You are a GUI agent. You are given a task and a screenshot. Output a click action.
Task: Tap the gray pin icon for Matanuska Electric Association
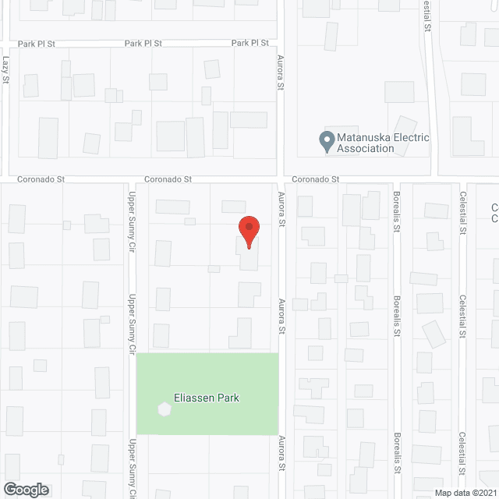pyautogui.click(x=325, y=141)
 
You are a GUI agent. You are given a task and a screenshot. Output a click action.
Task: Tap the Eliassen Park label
pyautogui.click(x=207, y=398)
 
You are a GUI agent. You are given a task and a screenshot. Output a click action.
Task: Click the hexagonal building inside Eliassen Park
pyautogui.click(x=164, y=408)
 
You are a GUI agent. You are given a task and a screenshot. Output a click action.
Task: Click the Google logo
pyautogui.click(x=25, y=489)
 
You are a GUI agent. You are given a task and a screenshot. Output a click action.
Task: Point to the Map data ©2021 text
pyautogui.click(x=465, y=493)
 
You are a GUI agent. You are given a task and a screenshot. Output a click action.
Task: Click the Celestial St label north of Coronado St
pyautogui.click(x=427, y=16)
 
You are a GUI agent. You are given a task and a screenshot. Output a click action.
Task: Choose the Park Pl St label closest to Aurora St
pyautogui.click(x=250, y=43)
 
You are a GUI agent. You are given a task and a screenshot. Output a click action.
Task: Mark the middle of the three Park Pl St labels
pyautogui.click(x=143, y=43)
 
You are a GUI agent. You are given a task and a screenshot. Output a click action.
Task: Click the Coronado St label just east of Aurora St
pyautogui.click(x=316, y=179)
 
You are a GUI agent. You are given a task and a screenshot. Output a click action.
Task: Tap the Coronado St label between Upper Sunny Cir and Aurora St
pyautogui.click(x=168, y=179)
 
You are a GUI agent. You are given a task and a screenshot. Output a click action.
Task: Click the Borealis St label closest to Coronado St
pyautogui.click(x=396, y=213)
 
